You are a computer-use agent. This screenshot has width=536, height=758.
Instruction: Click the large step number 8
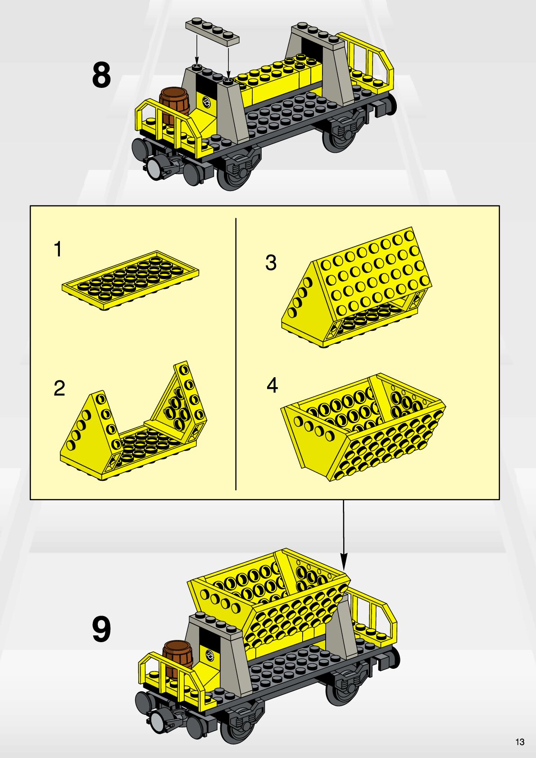click(101, 75)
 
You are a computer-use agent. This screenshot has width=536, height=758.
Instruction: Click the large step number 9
click(101, 629)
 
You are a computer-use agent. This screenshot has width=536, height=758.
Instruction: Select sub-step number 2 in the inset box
click(59, 388)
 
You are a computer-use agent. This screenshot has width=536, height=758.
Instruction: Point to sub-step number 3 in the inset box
click(271, 263)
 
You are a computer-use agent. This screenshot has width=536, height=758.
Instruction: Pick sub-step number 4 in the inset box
click(272, 385)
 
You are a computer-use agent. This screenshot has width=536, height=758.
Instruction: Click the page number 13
click(520, 742)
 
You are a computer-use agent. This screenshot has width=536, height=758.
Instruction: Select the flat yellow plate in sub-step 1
click(131, 280)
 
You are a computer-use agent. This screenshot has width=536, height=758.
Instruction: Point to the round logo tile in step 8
click(206, 101)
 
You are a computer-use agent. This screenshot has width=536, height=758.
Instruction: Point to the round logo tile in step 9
click(209, 654)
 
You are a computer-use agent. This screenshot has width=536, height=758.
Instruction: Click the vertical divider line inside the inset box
click(236, 354)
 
